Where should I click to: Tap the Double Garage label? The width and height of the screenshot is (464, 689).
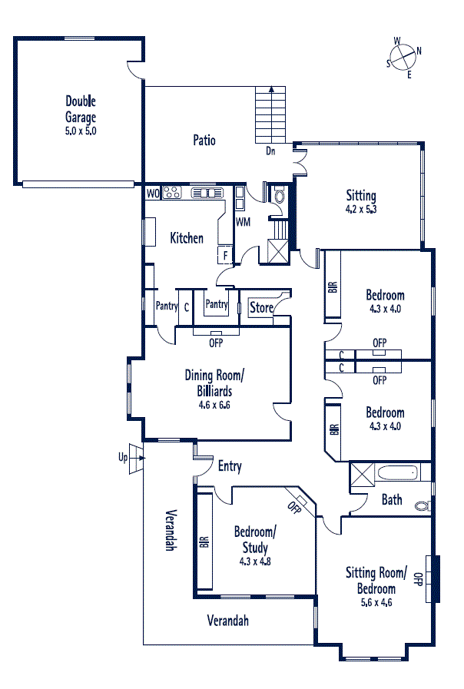(x=81, y=109)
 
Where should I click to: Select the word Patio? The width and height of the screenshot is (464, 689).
(x=204, y=140)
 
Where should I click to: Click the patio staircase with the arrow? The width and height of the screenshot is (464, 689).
(x=270, y=114)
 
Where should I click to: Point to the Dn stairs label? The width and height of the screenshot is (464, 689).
(x=270, y=151)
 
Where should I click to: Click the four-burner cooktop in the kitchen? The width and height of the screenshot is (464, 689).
(x=172, y=193)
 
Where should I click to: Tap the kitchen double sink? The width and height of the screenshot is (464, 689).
(x=207, y=193)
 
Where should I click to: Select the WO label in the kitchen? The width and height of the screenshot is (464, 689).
(x=153, y=194)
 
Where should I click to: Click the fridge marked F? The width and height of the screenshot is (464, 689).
(x=225, y=255)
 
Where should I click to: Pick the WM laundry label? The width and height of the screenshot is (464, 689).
(x=243, y=222)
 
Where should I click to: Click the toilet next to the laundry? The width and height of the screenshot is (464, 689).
(x=280, y=194)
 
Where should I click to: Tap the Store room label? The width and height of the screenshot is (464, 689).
(x=261, y=307)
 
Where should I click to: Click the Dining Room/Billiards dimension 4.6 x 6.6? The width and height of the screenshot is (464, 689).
(x=214, y=405)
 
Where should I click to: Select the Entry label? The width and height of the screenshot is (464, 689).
(x=230, y=466)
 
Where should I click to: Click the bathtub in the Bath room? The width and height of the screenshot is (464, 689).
(x=397, y=473)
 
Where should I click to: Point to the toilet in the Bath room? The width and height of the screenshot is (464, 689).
(x=423, y=506)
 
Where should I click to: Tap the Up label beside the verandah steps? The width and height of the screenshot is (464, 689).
(x=123, y=458)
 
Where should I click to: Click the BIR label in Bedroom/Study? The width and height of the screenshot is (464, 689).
(x=204, y=542)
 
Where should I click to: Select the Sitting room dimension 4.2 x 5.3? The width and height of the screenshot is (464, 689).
(x=361, y=209)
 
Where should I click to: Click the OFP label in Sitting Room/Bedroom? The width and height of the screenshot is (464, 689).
(x=419, y=579)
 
